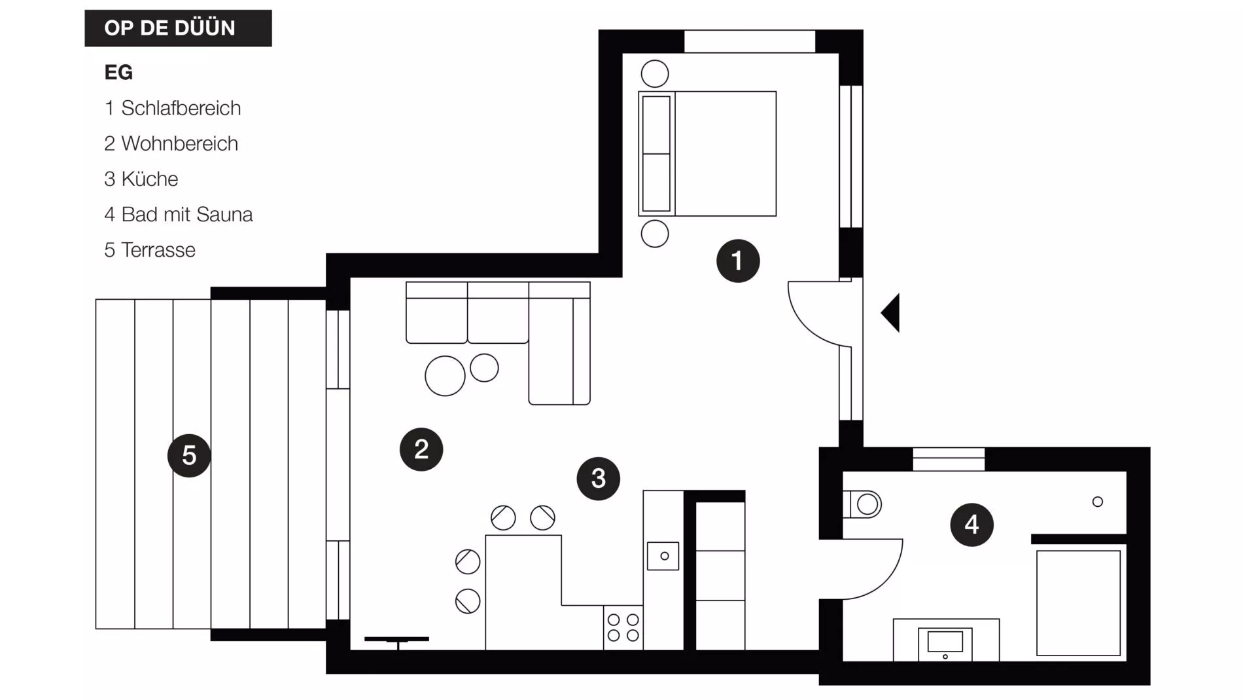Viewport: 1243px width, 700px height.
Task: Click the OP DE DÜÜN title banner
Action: pyautogui.click(x=178, y=28)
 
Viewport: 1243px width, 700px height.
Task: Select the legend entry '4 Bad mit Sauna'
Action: pyautogui.click(x=179, y=215)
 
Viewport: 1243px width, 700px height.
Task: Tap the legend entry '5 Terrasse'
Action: pyautogui.click(x=150, y=250)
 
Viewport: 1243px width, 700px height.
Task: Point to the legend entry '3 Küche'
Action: pyautogui.click(x=141, y=179)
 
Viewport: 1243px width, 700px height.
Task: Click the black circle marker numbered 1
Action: pyautogui.click(x=738, y=261)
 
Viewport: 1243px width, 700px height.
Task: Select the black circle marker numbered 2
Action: pyautogui.click(x=421, y=449)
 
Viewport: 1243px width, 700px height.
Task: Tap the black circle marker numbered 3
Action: pyautogui.click(x=599, y=479)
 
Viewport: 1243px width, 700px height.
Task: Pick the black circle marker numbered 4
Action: pyautogui.click(x=972, y=525)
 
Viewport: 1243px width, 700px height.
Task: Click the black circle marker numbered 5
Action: pyautogui.click(x=189, y=455)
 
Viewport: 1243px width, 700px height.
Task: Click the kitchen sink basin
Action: pyautogui.click(x=663, y=556)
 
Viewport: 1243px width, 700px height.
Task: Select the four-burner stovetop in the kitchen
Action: pyautogui.click(x=623, y=627)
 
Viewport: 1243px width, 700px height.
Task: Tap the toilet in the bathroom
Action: pyautogui.click(x=863, y=504)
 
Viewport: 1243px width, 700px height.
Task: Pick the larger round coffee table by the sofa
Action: pyautogui.click(x=445, y=376)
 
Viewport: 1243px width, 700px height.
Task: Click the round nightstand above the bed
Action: pyautogui.click(x=655, y=74)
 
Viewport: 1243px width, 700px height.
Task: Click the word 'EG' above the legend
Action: pyautogui.click(x=118, y=72)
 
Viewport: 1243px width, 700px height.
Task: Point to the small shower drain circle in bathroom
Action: pyautogui.click(x=1098, y=502)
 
